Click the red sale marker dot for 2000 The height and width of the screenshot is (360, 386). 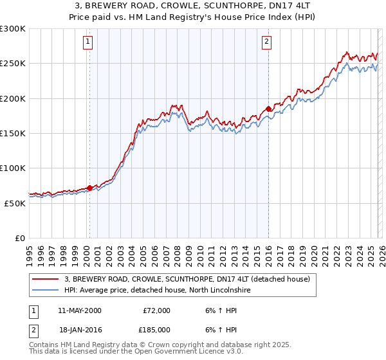click(x=89, y=188)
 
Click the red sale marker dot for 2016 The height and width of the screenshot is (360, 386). click(x=268, y=109)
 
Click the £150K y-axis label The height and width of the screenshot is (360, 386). click(x=13, y=133)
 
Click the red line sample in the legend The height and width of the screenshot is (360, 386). click(x=46, y=279)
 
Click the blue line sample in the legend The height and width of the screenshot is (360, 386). click(x=46, y=290)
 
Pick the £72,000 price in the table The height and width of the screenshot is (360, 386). click(x=156, y=310)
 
